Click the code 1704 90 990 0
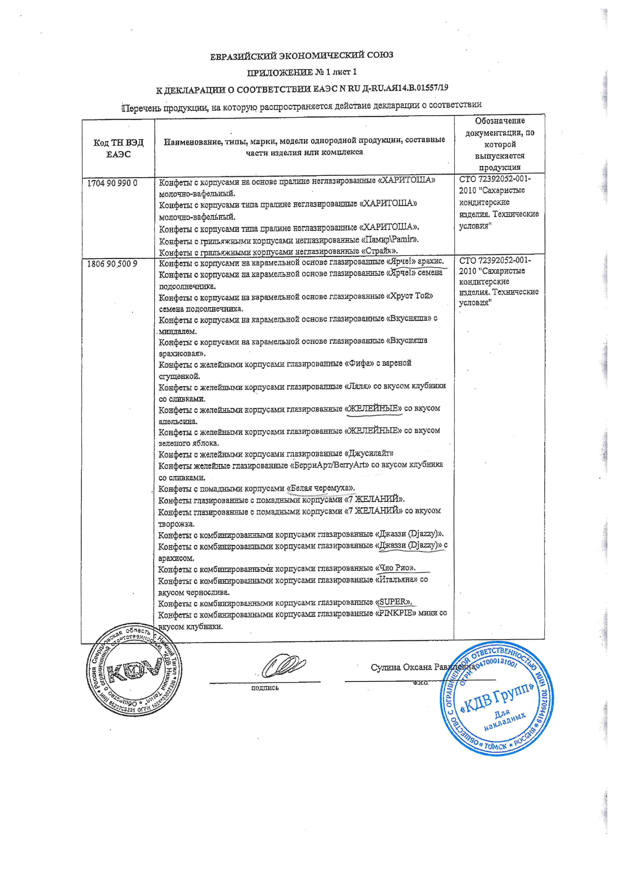[112, 183]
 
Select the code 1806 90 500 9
[112, 263]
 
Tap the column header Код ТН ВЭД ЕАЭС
[118, 148]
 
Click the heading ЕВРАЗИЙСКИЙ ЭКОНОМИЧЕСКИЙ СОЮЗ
[302, 55]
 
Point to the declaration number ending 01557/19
[429, 88]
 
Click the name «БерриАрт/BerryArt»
[330, 465]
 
